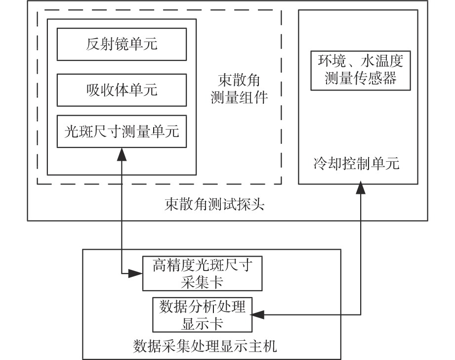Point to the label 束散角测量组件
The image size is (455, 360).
239,89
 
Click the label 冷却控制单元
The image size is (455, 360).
356,163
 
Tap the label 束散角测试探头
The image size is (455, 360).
214,205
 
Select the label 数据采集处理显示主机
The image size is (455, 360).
205,346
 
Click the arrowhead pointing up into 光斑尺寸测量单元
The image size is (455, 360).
122,154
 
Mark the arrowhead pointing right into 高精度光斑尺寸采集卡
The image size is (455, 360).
135,273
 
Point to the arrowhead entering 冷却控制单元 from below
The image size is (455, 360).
361,187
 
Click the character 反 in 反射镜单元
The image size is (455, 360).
93,44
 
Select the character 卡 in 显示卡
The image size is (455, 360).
216,323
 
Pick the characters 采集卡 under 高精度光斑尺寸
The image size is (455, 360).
202,282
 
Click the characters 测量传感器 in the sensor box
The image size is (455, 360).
361,78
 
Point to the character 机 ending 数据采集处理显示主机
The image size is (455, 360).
270,346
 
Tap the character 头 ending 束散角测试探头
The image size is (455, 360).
257,205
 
